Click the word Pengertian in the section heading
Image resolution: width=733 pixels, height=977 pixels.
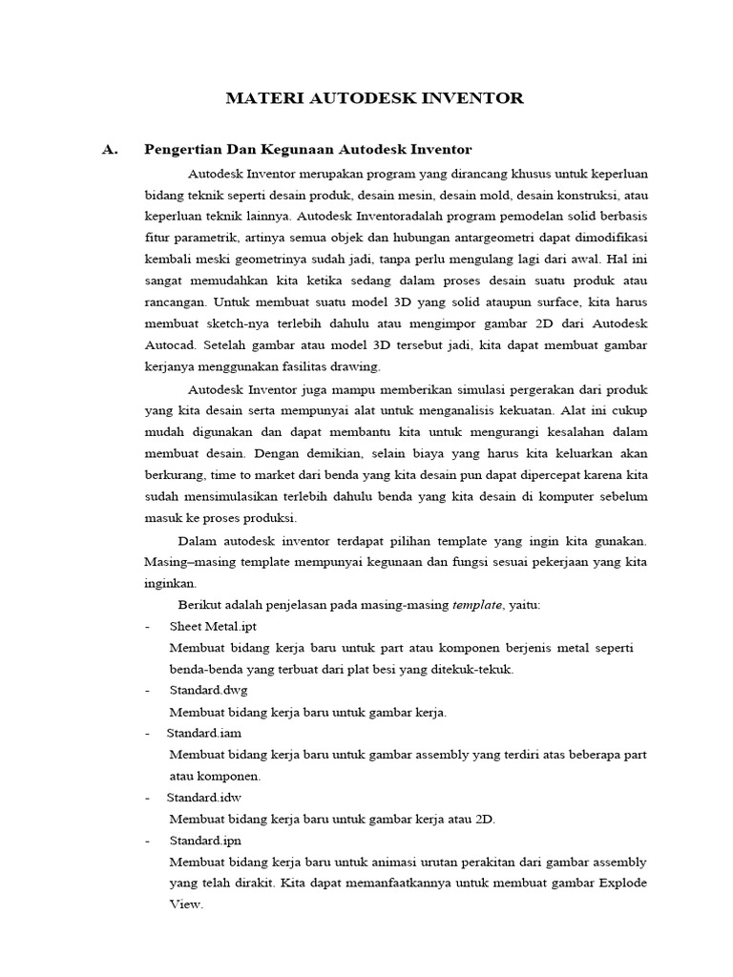(x=178, y=150)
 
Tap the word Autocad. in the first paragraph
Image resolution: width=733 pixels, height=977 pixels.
(x=170, y=343)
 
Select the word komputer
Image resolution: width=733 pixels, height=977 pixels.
(x=566, y=497)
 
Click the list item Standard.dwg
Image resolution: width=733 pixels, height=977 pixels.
(x=208, y=690)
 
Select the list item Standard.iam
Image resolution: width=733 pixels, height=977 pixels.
(x=204, y=733)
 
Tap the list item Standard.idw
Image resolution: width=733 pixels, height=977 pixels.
(x=204, y=797)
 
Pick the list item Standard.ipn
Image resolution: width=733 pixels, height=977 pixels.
(x=206, y=840)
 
